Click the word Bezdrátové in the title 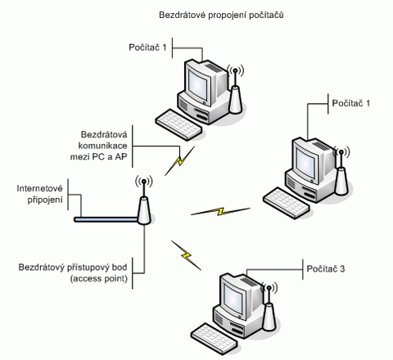[x=182, y=15]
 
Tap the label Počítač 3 [x=326, y=268]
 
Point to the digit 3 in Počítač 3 [x=342, y=269]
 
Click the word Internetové [x=39, y=188]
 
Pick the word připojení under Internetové [x=45, y=200]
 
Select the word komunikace [x=102, y=146]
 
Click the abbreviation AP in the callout [x=121, y=157]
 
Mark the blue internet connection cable [x=106, y=219]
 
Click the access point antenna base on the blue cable [x=144, y=210]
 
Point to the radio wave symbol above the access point [x=144, y=181]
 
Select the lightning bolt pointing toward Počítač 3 [x=187, y=255]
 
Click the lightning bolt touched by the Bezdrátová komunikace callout [x=180, y=160]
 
